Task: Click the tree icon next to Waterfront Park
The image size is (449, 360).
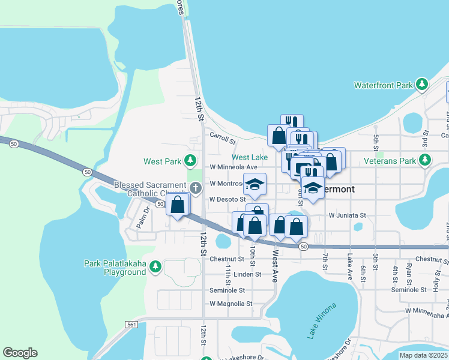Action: pyautogui.click(x=422, y=85)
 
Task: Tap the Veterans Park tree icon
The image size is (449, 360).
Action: pyautogui.click(x=425, y=160)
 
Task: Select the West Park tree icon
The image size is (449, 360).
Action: pyautogui.click(x=190, y=161)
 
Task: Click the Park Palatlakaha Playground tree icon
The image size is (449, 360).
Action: pyautogui.click(x=155, y=266)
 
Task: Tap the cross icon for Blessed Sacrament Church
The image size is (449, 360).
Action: pyautogui.click(x=195, y=188)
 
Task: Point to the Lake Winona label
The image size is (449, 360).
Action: pyautogui.click(x=322, y=321)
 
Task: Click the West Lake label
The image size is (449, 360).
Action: pyautogui.click(x=249, y=157)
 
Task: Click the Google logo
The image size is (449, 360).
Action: pyautogui.click(x=20, y=353)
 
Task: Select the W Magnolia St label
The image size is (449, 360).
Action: pyautogui.click(x=231, y=304)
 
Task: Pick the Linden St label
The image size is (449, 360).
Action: pyautogui.click(x=247, y=274)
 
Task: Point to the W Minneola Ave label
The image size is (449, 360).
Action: pyautogui.click(x=233, y=167)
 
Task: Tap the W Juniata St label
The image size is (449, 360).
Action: pyautogui.click(x=347, y=215)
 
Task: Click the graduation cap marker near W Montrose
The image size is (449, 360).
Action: pyautogui.click(x=255, y=185)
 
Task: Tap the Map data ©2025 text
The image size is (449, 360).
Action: pyautogui.click(x=423, y=355)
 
